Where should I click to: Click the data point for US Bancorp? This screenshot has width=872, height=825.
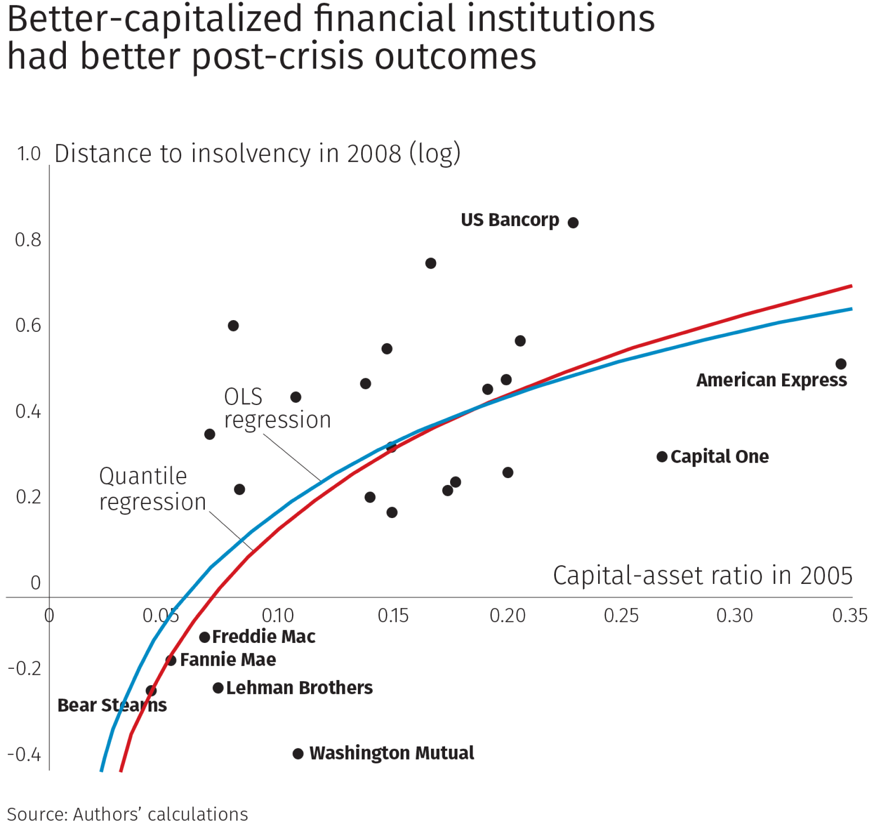click(573, 222)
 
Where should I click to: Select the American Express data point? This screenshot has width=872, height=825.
click(841, 364)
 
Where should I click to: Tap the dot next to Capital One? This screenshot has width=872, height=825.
click(662, 457)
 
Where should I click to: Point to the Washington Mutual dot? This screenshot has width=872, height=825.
click(298, 754)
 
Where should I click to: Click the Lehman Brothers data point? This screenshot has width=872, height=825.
click(218, 688)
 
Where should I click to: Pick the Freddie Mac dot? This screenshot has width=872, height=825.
click(205, 637)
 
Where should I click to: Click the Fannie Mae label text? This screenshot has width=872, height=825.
click(228, 660)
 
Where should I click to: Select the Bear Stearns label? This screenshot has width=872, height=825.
click(112, 705)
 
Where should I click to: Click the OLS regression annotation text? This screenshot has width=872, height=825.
click(277, 408)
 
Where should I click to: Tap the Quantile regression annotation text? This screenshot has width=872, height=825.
click(153, 489)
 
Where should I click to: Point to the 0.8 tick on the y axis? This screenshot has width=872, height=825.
click(28, 240)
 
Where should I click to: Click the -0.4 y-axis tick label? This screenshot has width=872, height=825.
click(25, 754)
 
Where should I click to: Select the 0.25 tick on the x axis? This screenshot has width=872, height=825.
click(621, 616)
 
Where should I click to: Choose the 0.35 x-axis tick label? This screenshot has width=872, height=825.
click(850, 616)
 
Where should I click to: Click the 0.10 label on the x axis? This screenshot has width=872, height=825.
click(278, 616)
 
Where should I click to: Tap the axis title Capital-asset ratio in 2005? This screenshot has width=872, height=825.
click(703, 576)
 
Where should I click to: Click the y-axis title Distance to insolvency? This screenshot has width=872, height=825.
click(258, 154)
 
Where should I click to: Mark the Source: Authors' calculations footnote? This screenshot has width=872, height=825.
click(128, 814)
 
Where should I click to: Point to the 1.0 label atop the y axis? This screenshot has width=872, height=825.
click(30, 154)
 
